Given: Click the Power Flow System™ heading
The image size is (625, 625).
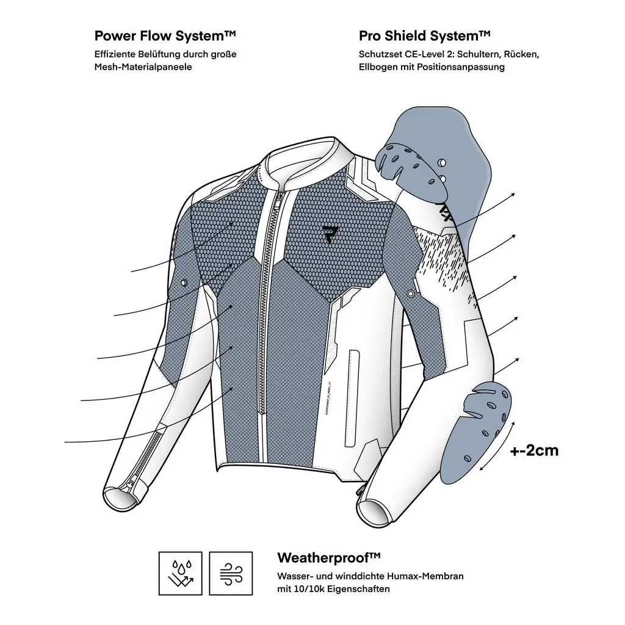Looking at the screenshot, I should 165,35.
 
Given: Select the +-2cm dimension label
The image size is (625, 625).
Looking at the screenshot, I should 534,451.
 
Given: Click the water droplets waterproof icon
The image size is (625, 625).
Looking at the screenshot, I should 181,573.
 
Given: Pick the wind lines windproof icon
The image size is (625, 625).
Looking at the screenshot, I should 231,573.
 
